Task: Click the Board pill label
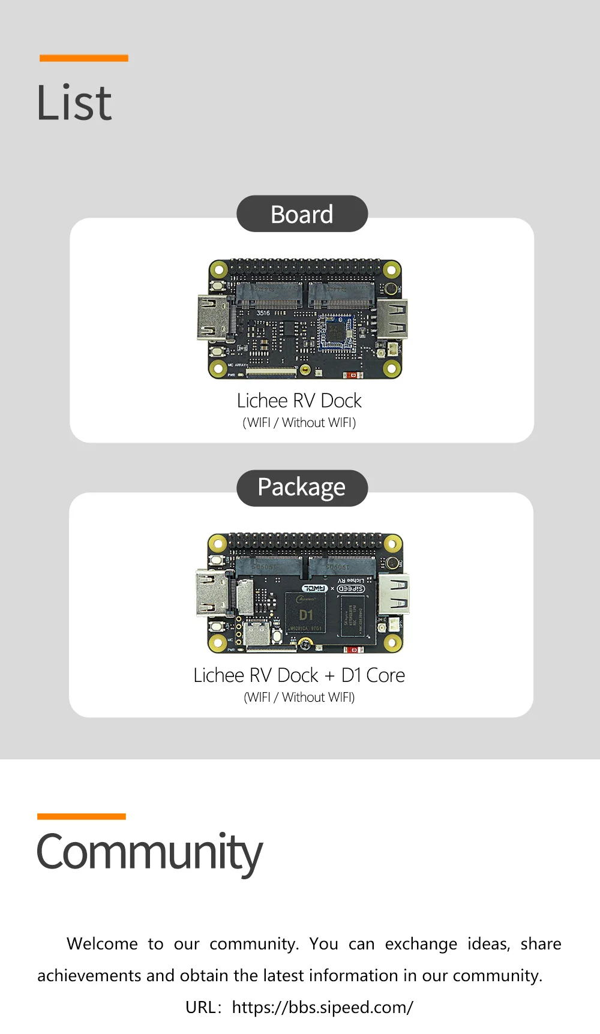[x=302, y=214]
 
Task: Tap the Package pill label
[x=302, y=488]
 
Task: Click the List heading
[x=74, y=103]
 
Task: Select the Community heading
[x=149, y=852]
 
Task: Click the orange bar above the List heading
[x=84, y=58]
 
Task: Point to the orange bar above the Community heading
[x=82, y=816]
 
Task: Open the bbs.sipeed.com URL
[x=322, y=1007]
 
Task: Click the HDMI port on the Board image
[x=213, y=318]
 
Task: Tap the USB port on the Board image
[x=392, y=319]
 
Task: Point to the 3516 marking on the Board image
[x=263, y=313]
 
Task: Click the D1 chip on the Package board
[x=306, y=614]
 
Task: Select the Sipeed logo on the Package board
[x=351, y=588]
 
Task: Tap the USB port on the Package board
[x=394, y=594]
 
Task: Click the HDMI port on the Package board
[x=211, y=593]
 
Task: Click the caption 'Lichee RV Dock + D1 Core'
[x=299, y=675]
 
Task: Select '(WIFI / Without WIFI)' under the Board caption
[x=299, y=423]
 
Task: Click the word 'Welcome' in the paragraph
[x=102, y=944]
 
